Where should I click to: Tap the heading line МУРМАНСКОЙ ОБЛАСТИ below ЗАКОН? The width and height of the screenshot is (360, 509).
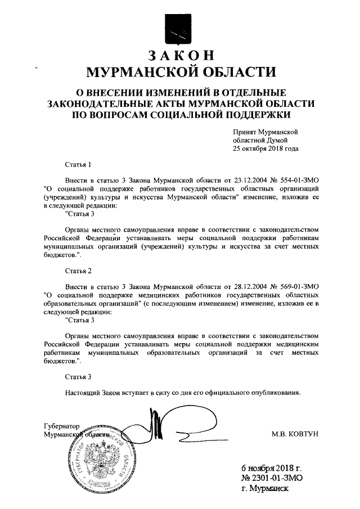point(179,72)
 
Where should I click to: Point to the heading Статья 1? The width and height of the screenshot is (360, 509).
point(78,165)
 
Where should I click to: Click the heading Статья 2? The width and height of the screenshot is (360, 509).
point(78,271)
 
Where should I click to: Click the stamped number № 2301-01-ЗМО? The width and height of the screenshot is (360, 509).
point(272,478)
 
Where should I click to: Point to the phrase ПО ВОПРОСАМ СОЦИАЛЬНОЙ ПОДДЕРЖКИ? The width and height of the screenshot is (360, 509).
point(179,114)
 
